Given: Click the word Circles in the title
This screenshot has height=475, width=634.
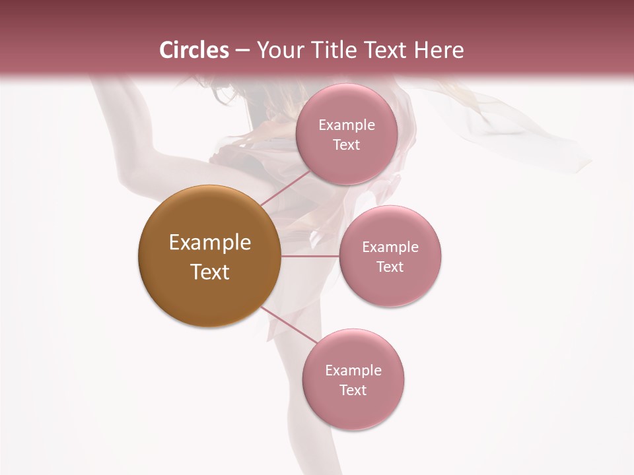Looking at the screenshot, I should [x=194, y=50].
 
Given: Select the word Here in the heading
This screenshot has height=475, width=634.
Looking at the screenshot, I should [x=440, y=50].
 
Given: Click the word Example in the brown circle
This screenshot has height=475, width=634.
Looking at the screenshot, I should [x=210, y=243].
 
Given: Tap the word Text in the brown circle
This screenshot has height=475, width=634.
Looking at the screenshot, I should [x=210, y=272].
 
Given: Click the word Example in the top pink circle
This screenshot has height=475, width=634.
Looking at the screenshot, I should [x=347, y=125].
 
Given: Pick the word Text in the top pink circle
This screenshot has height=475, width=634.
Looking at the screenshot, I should [x=346, y=145].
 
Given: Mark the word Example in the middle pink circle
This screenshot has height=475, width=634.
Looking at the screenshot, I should [x=390, y=247].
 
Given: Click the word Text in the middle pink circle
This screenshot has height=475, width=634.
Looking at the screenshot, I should [x=390, y=267].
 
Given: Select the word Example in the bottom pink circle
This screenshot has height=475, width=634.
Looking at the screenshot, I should [x=353, y=371].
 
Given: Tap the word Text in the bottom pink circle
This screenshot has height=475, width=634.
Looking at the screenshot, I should [x=353, y=391].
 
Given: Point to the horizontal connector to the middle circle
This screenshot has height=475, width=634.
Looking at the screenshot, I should [x=310, y=256].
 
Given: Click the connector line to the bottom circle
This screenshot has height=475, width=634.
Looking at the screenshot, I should [x=289, y=325].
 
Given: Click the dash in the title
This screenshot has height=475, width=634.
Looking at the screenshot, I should [x=242, y=51].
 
